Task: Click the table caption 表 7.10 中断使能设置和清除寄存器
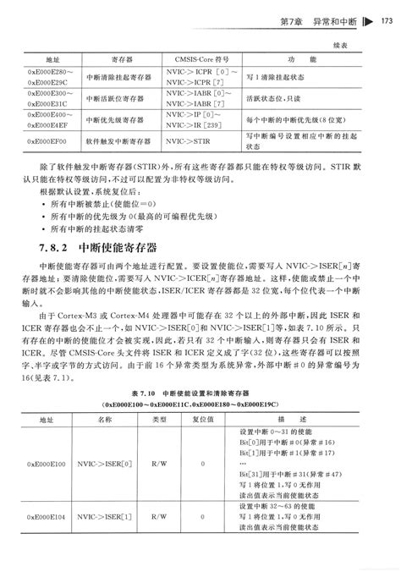click(200, 393)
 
